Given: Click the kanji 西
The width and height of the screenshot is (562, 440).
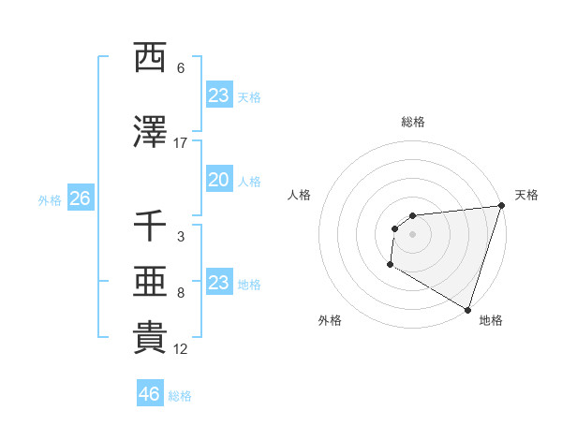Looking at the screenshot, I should (x=150, y=58).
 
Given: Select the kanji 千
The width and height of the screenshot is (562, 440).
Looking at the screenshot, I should (x=150, y=227).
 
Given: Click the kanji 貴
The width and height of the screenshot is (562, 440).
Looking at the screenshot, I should (x=150, y=338).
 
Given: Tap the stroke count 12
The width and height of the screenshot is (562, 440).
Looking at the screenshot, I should (x=181, y=349).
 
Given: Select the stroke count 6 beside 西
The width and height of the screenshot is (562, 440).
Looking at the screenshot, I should (x=181, y=68).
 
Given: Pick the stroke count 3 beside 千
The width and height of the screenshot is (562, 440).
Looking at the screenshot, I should (x=181, y=238).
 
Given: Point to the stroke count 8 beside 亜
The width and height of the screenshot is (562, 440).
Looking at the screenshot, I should (x=181, y=293).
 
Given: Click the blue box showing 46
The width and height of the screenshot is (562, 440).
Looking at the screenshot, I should (x=150, y=394).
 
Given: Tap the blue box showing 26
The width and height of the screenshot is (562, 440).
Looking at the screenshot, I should (x=80, y=199).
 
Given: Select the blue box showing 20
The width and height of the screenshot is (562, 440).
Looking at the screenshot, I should (x=218, y=181).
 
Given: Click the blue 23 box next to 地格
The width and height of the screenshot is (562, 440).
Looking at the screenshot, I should (x=218, y=284).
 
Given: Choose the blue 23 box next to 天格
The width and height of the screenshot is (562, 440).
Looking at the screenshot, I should (x=218, y=95).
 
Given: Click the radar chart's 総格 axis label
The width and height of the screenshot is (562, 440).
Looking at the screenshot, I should (x=413, y=122).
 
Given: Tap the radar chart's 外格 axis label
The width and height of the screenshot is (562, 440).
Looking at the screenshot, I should (x=330, y=320).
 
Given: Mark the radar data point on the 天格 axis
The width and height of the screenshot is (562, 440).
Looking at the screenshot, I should (x=501, y=206).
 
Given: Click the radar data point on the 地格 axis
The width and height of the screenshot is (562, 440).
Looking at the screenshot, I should (x=467, y=310).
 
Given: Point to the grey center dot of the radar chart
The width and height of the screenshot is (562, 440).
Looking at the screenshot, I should (x=412, y=234).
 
